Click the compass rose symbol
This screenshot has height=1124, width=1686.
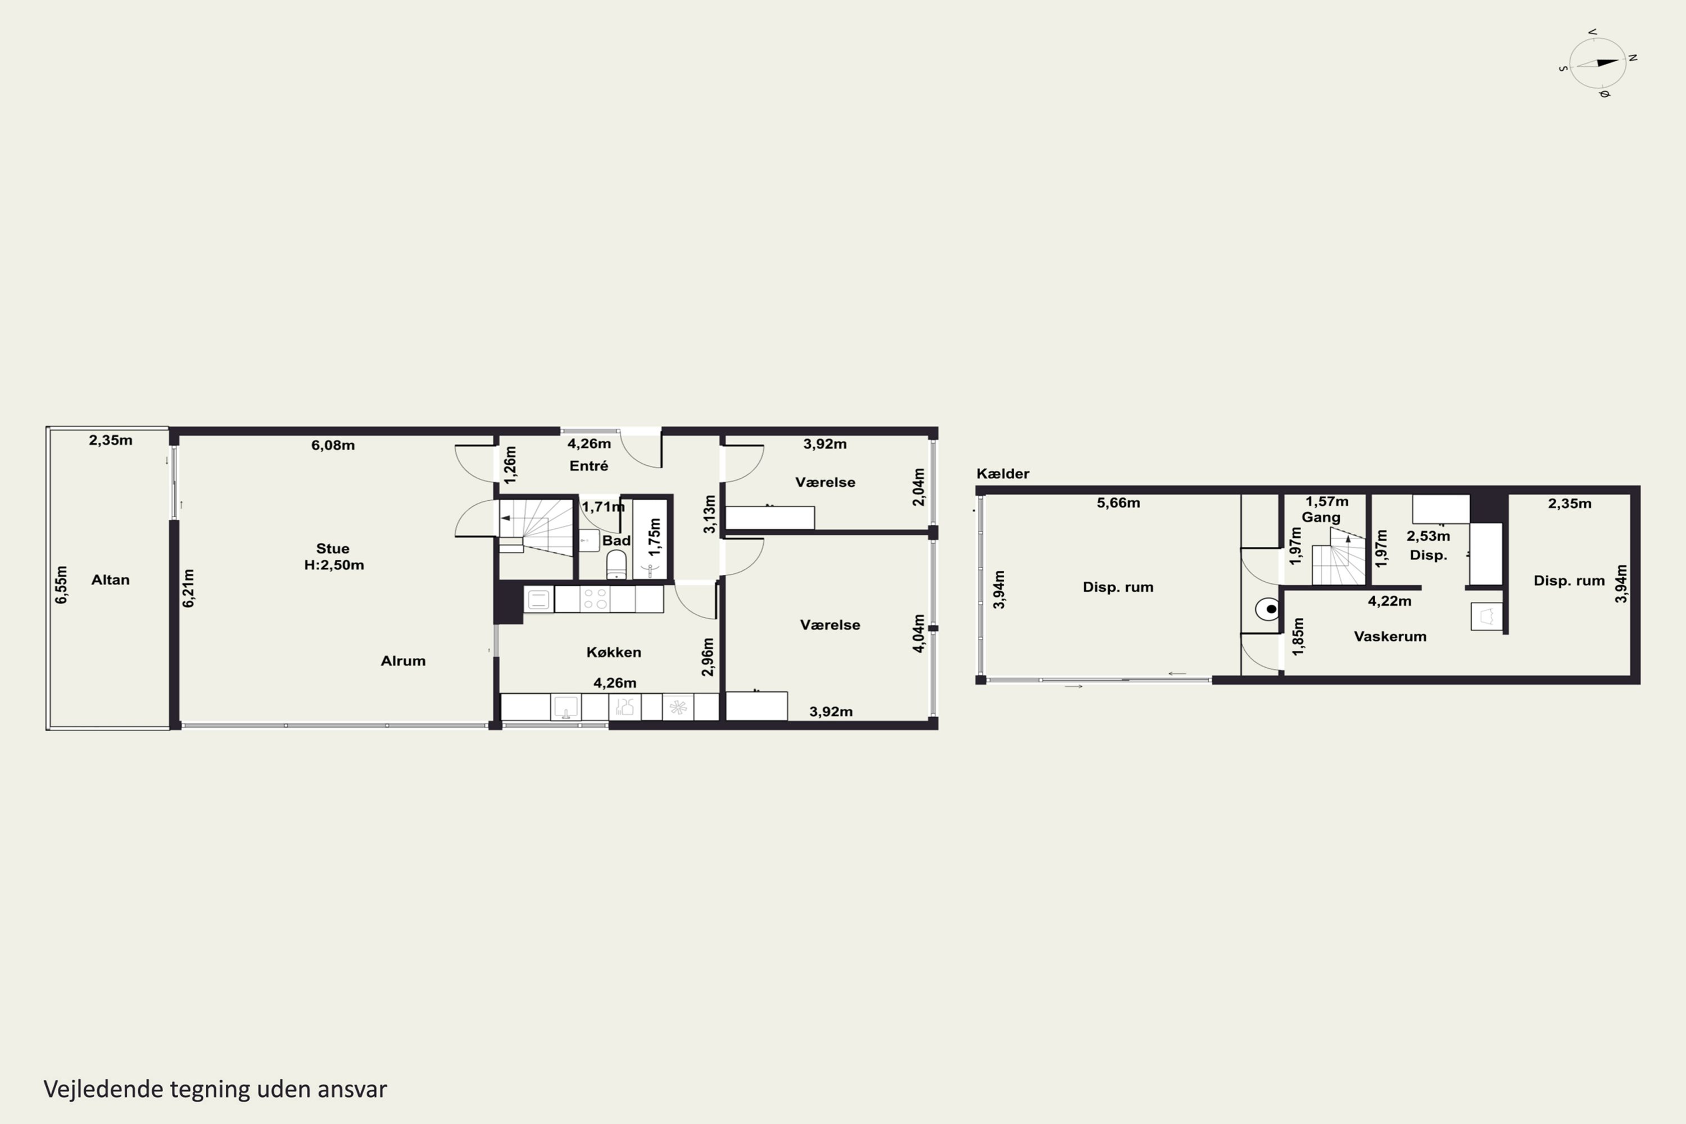pyautogui.click(x=1598, y=63)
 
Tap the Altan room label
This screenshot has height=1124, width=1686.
pyautogui.click(x=110, y=580)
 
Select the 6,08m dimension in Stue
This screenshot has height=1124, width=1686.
pyautogui.click(x=333, y=445)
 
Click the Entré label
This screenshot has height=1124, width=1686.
pyautogui.click(x=588, y=466)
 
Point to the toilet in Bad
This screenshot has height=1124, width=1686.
pyautogui.click(x=617, y=565)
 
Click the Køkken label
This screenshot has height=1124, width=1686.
pyautogui.click(x=614, y=652)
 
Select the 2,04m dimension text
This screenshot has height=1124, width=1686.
pyautogui.click(x=918, y=487)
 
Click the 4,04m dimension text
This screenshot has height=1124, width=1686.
pyautogui.click(x=918, y=634)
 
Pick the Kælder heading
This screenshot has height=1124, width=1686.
pyautogui.click(x=1003, y=474)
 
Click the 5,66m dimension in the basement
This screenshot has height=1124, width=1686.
pyautogui.click(x=1118, y=503)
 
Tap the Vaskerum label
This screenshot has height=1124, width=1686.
pyautogui.click(x=1390, y=637)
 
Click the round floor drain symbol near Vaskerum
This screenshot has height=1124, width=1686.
pyautogui.click(x=1267, y=609)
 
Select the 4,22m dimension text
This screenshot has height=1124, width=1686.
pyautogui.click(x=1389, y=601)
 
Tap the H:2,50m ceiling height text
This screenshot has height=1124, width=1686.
pyautogui.click(x=334, y=565)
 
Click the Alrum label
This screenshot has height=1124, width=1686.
pyautogui.click(x=403, y=661)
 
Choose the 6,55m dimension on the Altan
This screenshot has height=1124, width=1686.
pyautogui.click(x=62, y=585)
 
